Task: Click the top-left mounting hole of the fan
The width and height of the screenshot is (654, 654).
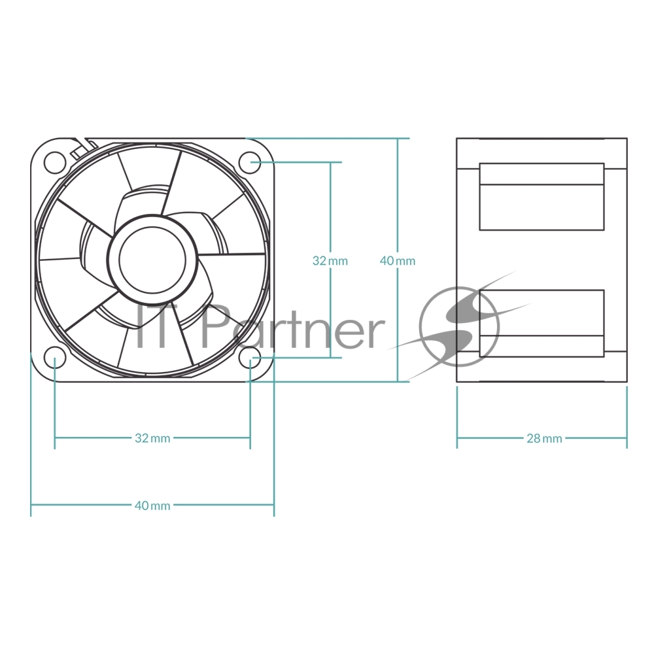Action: (55, 162)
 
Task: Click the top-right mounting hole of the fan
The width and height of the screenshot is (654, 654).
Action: (249, 162)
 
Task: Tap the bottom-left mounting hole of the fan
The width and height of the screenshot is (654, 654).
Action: (55, 358)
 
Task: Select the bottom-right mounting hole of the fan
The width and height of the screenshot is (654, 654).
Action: (249, 358)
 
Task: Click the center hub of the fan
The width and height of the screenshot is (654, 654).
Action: (152, 260)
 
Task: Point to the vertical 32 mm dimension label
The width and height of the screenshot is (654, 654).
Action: (330, 261)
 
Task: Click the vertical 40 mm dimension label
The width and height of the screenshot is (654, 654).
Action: (398, 261)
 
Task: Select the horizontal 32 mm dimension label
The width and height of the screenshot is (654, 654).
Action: (152, 438)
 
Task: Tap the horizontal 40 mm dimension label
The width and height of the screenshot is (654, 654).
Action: (152, 506)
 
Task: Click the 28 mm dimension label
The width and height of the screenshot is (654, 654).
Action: (544, 438)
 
